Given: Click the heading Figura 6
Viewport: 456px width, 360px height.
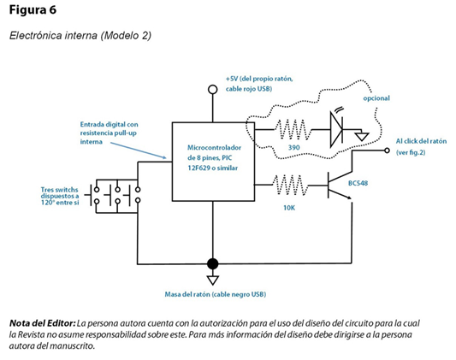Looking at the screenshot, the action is [x=33, y=10].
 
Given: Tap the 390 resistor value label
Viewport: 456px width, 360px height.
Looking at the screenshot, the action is [x=293, y=148].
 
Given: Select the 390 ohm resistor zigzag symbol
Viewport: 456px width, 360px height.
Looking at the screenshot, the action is [x=293, y=130].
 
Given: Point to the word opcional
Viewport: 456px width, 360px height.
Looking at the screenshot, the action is [x=376, y=98].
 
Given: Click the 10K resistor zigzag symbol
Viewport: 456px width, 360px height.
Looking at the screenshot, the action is [x=290, y=185].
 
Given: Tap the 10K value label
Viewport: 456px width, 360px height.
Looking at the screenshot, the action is [x=289, y=208].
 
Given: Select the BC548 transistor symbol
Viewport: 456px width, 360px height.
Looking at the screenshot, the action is [x=340, y=186].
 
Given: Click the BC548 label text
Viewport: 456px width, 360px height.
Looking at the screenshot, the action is [x=358, y=183].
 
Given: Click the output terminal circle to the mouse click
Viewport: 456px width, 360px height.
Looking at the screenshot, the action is [x=387, y=150].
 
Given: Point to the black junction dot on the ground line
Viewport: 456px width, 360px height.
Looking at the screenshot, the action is [x=212, y=264].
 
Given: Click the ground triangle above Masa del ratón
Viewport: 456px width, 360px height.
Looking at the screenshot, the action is [x=212, y=280].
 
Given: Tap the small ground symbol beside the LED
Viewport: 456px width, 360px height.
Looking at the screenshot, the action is [x=362, y=136].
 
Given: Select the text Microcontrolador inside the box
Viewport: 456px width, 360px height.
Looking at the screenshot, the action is [x=214, y=148].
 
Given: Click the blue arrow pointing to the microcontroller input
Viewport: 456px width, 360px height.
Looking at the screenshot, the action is [x=138, y=150].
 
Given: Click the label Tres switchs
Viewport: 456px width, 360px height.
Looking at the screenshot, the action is [x=59, y=190].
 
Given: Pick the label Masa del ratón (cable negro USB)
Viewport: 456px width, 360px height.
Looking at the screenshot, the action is [x=216, y=294].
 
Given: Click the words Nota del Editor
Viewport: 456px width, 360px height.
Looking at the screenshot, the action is [x=43, y=323].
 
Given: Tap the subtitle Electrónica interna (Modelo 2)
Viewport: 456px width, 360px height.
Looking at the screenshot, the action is [x=80, y=35].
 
